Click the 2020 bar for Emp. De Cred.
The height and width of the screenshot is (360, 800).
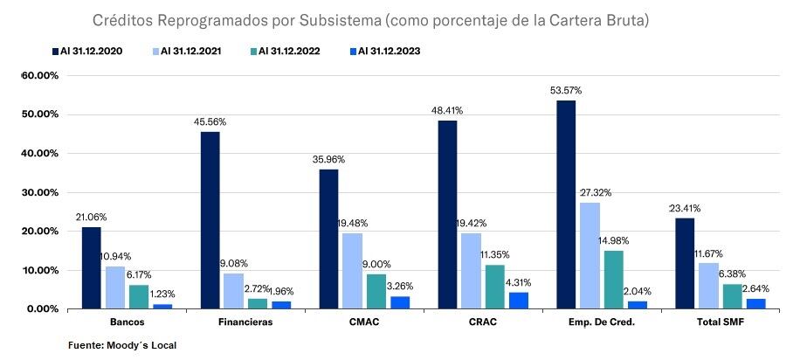click(x=565, y=204)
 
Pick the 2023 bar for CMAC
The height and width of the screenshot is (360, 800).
click(x=399, y=302)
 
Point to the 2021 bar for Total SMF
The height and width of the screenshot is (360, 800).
click(x=708, y=286)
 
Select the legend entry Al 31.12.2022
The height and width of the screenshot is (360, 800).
click(x=285, y=52)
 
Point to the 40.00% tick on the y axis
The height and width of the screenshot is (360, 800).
click(x=40, y=153)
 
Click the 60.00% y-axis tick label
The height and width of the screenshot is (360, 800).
click(x=40, y=75)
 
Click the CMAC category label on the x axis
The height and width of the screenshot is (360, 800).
click(x=364, y=322)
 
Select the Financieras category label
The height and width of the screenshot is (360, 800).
click(x=246, y=322)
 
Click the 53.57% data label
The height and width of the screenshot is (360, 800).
click(x=565, y=90)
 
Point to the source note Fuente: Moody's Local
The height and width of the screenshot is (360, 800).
click(x=122, y=345)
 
